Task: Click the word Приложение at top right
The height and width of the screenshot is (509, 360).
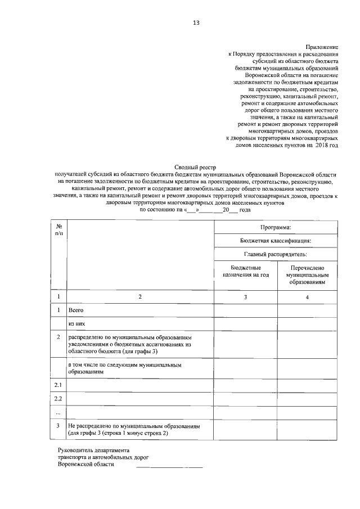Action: (321, 45)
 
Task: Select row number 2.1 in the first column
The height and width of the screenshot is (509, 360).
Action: (58, 385)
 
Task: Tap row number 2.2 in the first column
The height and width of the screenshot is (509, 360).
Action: (58, 399)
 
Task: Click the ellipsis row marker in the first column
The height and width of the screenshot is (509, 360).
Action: (58, 413)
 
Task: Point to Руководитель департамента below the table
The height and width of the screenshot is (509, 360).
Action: (93, 451)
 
